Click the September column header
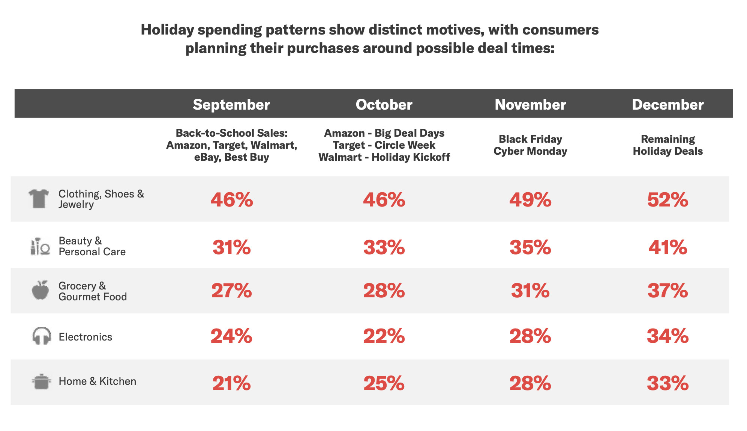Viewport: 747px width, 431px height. (x=231, y=104)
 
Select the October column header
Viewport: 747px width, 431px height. (x=384, y=104)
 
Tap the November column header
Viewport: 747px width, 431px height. (x=530, y=104)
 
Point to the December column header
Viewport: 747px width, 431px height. (x=667, y=104)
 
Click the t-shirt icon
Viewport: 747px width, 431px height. (x=39, y=198)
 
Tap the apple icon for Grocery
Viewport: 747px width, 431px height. (x=40, y=290)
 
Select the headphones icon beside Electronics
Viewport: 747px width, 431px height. (x=41, y=336)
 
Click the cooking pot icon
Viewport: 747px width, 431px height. (x=41, y=381)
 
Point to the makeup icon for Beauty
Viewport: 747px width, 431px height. (x=40, y=246)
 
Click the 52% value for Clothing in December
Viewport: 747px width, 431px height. (x=667, y=199)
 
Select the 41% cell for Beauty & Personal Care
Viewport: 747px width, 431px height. (x=667, y=247)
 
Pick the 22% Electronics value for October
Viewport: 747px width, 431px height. (x=384, y=336)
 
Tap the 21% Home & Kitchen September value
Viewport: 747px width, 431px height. (x=231, y=383)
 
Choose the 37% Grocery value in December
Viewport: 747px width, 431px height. (x=667, y=291)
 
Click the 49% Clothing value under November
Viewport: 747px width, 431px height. (x=530, y=199)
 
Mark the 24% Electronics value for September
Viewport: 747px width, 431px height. (x=231, y=336)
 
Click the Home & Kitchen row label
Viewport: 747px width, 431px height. (x=97, y=381)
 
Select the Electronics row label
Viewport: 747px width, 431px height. (x=85, y=337)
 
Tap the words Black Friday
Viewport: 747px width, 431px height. (x=530, y=139)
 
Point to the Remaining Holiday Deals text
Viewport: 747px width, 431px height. (x=667, y=145)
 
